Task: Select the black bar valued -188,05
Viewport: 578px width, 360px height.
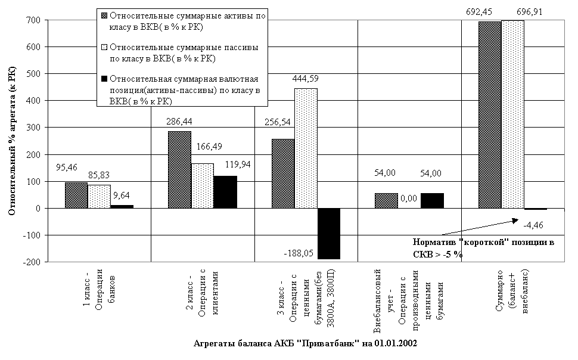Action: [329, 234]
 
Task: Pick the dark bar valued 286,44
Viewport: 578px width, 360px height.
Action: [180, 170]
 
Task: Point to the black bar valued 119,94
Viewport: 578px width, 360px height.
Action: [225, 192]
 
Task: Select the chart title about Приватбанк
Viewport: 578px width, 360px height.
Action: [305, 344]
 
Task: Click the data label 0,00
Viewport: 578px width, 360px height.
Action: [408, 198]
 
